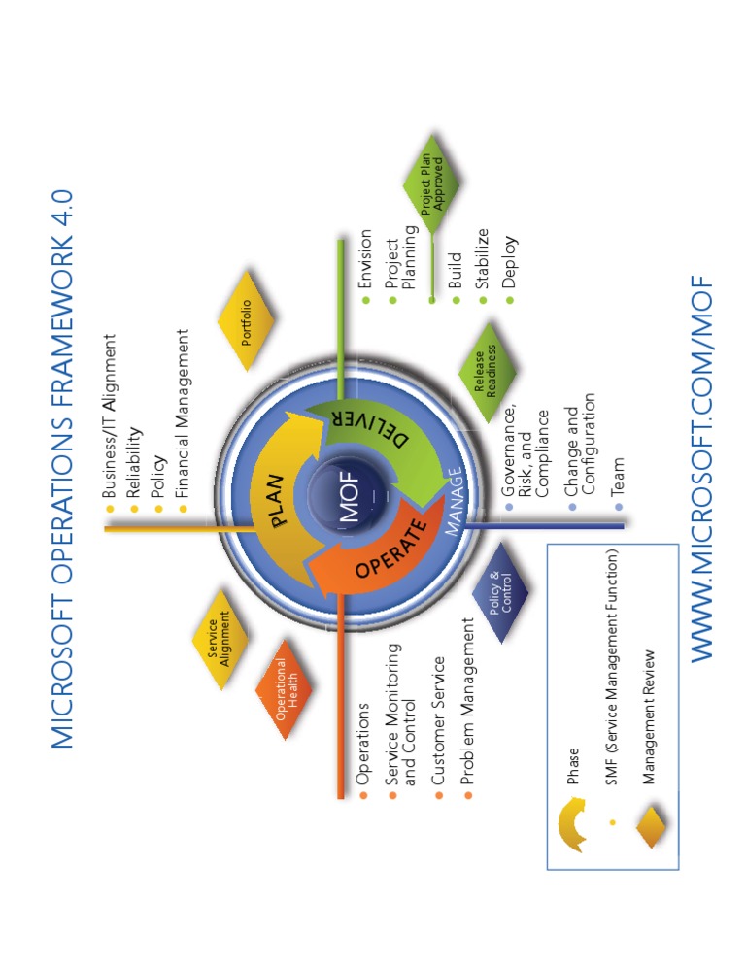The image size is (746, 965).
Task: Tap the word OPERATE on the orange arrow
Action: [391, 549]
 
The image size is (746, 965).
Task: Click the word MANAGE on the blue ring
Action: [454, 501]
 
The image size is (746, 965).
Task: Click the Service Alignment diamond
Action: [220, 639]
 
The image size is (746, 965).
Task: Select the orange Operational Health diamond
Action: [285, 688]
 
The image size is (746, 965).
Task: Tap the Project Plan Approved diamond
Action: [431, 183]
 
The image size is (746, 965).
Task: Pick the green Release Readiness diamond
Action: [487, 372]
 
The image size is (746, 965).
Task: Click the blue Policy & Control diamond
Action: [500, 592]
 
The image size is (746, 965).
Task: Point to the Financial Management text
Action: [183, 413]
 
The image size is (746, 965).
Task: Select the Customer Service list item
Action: [438, 720]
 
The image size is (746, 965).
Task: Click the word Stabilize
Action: [482, 258]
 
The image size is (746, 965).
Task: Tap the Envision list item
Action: [365, 258]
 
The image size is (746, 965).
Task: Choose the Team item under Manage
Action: [617, 477]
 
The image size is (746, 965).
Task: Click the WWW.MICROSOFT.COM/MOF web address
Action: [701, 468]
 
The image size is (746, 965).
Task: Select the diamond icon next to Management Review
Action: [652, 825]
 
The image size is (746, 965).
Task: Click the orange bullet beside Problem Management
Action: [468, 796]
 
